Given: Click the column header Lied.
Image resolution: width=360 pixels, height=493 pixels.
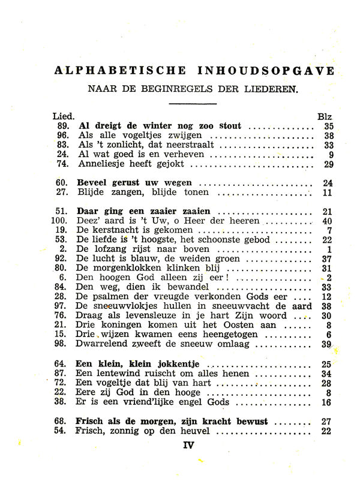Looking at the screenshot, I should pyautogui.click(x=64, y=116).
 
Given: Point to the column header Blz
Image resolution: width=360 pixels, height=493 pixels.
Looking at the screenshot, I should pyautogui.click(x=324, y=116).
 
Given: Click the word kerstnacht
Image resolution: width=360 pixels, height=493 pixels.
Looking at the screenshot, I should pyautogui.click(x=113, y=230).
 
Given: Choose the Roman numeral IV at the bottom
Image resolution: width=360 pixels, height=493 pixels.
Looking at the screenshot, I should pyautogui.click(x=190, y=446).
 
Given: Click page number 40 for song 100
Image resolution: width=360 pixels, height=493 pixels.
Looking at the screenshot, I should pyautogui.click(x=326, y=221).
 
